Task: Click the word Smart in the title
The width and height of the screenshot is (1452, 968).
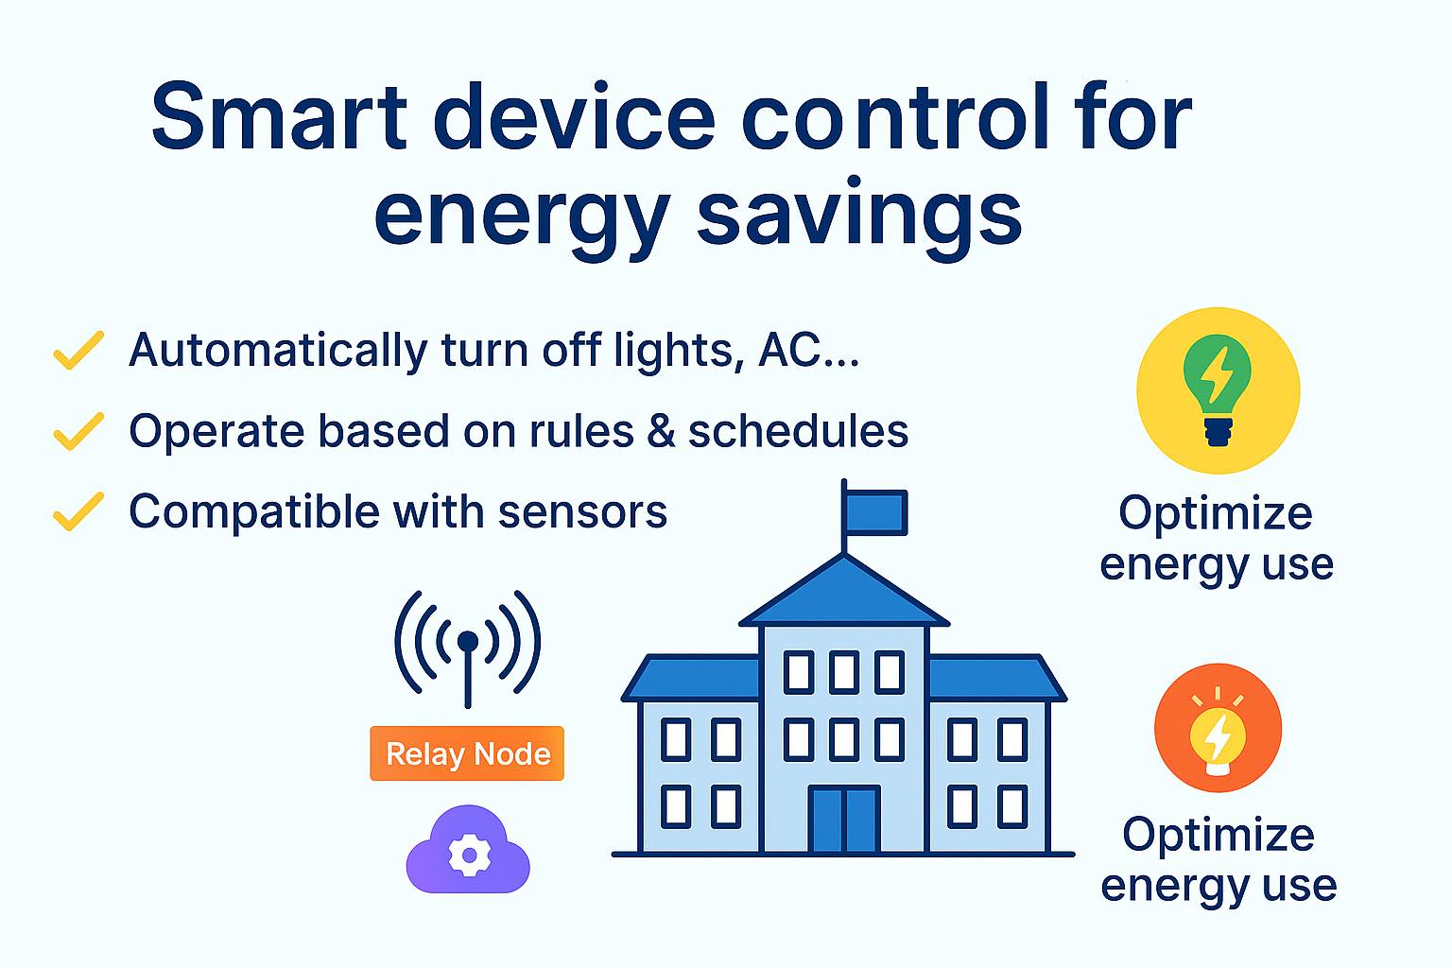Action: [x=280, y=116]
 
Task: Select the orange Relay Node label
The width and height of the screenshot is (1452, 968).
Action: [x=467, y=753]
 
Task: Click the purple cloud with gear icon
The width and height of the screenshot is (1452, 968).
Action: [x=468, y=850]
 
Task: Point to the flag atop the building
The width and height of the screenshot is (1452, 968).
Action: [x=874, y=512]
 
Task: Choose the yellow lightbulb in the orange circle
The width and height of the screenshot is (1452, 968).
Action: [x=1218, y=739]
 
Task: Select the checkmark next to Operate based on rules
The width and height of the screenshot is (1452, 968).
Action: [x=78, y=431]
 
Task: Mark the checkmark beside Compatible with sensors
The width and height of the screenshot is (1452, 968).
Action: [x=78, y=511]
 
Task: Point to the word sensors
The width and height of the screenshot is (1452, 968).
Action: [x=582, y=513]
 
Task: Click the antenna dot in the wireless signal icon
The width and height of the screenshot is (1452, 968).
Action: [x=467, y=642]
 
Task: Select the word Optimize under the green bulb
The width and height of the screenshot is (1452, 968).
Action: [x=1216, y=513]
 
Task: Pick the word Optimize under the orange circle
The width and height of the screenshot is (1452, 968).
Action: [x=1219, y=835]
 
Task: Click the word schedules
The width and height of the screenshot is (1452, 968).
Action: [x=798, y=431]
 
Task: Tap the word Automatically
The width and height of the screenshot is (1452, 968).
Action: [x=278, y=352]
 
